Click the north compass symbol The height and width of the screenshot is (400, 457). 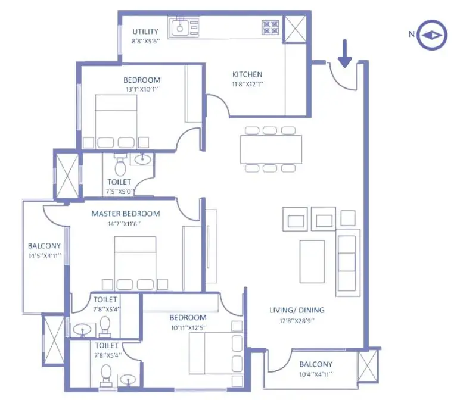pos(431,35)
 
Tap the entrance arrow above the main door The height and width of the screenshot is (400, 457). pos(345,53)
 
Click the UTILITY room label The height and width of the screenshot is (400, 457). pos(145,31)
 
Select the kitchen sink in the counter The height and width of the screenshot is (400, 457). pos(182,27)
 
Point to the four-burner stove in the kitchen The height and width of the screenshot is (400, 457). pos(270,27)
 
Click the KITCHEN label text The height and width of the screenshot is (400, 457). pos(247,74)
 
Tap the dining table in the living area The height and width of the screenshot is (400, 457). pos(271,149)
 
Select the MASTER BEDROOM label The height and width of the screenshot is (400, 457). pos(125,214)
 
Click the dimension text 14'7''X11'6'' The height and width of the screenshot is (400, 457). pos(125,224)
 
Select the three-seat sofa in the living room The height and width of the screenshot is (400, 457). pos(347,262)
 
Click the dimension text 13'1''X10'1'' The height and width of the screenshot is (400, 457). pos(142,89)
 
